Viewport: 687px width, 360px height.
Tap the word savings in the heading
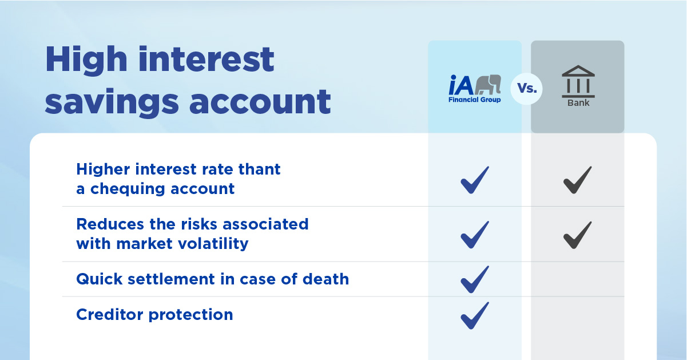coord(112,103)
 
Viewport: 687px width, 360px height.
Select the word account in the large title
coord(260,101)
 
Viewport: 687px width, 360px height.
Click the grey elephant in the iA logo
coord(488,84)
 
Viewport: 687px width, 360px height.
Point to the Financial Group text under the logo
coord(474,100)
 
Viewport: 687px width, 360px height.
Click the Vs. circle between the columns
coord(527,89)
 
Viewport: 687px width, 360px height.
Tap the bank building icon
coord(578,81)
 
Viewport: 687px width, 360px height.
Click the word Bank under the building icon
coord(578,103)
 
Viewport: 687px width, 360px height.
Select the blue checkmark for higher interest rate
coord(475,180)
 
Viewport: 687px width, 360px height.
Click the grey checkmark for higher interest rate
coord(578,180)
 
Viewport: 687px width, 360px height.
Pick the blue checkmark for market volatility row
coord(475,235)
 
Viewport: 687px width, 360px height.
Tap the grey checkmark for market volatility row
coord(578,235)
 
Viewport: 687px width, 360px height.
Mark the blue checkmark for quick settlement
coord(475,279)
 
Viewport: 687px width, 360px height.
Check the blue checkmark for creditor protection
coord(475,315)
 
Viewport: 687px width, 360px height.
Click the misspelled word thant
coord(259,169)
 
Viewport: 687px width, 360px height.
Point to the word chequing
coord(128,189)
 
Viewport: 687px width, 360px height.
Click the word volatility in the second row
coord(213,244)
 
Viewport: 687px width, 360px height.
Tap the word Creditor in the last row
coord(110,315)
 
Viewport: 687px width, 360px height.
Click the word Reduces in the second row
coord(110,224)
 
